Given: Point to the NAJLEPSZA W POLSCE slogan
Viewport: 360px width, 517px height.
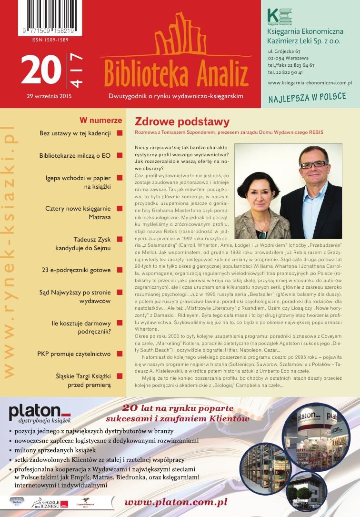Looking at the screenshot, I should [307, 98].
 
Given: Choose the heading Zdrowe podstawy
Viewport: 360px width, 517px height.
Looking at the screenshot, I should [182, 122].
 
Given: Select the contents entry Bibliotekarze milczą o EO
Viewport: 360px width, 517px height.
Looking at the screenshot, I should [75, 155].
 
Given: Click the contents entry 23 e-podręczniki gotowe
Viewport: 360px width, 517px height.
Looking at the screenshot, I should [76, 270].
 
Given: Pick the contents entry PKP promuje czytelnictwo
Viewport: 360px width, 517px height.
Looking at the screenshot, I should [74, 354].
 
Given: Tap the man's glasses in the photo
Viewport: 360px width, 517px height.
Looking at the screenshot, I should [312, 164].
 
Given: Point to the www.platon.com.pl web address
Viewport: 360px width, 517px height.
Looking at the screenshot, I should [175, 502].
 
